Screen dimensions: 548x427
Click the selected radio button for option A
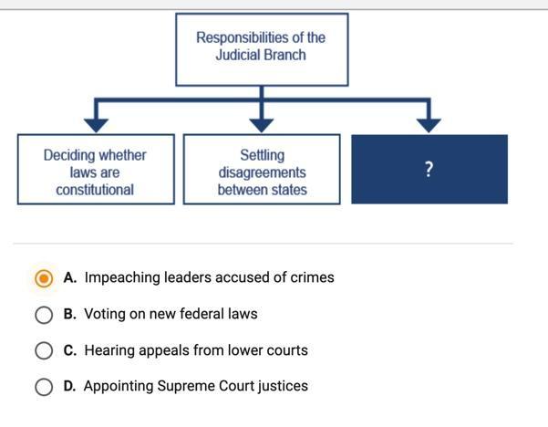44,278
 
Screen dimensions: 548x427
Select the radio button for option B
44,315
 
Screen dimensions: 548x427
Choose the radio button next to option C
44,350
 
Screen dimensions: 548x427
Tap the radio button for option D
44,387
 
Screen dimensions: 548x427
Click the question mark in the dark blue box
429,170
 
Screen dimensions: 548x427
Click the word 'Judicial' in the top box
238,55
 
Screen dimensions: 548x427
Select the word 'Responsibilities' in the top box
243,37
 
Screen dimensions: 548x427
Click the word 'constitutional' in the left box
95,190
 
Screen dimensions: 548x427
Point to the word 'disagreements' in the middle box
262,172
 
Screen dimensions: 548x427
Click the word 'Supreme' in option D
186,386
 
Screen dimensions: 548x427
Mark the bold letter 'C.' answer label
70,350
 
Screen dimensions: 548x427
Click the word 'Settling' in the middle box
262,155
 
